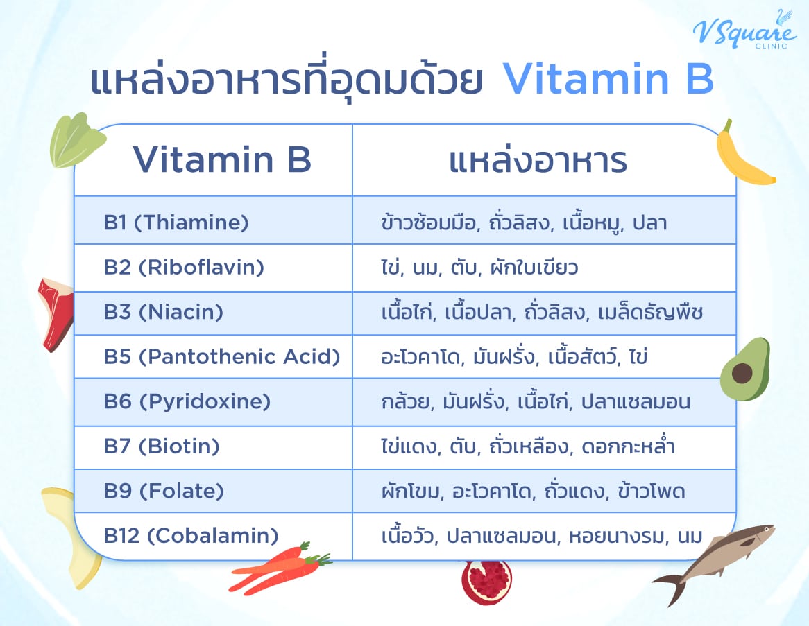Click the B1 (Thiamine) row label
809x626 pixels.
[x=176, y=223]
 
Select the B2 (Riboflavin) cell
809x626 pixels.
[x=184, y=268]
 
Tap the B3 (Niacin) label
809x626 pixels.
[x=164, y=313]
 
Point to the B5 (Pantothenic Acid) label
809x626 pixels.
[x=222, y=357]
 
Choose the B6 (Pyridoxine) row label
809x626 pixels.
[x=187, y=402]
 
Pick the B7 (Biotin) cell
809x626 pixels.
[x=162, y=446]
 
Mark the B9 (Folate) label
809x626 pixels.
[x=164, y=492]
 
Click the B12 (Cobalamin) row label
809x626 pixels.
[x=191, y=536]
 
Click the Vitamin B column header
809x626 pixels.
[x=222, y=160]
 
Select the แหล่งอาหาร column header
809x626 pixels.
[x=538, y=160]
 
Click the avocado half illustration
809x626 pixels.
[x=744, y=369]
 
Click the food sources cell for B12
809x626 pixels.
[x=542, y=536]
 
